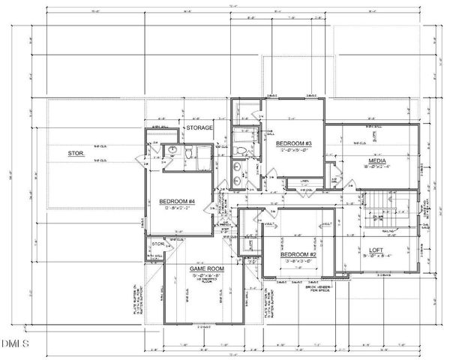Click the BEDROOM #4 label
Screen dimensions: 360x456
(x=177, y=201)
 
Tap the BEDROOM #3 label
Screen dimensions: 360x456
(x=294, y=143)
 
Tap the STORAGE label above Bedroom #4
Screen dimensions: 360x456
(x=200, y=128)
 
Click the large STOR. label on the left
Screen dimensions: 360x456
(x=76, y=154)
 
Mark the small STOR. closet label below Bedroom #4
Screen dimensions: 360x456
(x=158, y=243)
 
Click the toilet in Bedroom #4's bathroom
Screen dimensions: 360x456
(x=190, y=153)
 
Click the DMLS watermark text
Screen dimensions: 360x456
(x=14, y=344)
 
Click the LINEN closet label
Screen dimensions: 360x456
(x=304, y=181)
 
